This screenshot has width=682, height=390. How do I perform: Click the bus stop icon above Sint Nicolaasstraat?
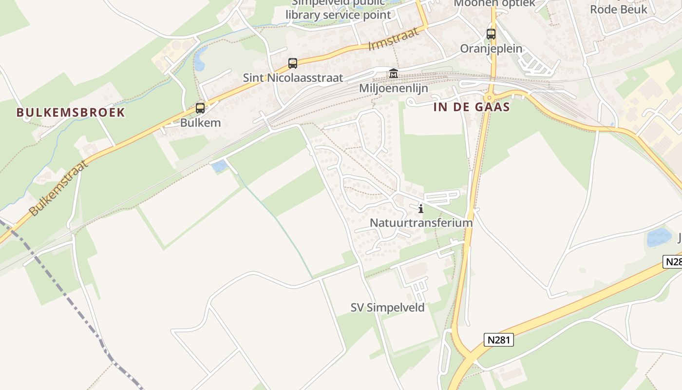(293, 63)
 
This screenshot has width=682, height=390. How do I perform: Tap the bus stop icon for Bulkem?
(200, 108)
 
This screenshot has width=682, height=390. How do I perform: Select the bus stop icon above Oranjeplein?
(491, 35)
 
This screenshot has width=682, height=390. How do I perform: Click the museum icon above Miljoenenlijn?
(393, 74)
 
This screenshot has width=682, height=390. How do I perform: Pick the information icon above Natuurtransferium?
(421, 209)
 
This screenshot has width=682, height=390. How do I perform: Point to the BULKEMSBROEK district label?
(71, 113)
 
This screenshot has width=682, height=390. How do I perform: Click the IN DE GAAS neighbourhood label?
(472, 107)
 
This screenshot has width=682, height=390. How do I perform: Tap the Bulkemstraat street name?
(59, 188)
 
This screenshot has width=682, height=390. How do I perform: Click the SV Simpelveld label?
(388, 308)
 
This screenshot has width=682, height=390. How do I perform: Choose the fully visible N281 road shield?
(499, 340)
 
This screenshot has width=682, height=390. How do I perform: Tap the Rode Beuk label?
(619, 9)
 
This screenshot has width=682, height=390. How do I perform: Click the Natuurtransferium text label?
(421, 223)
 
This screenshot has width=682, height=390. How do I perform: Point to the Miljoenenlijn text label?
(393, 88)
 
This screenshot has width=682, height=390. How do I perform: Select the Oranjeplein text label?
(491, 49)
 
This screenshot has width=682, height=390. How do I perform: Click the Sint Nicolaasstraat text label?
(293, 78)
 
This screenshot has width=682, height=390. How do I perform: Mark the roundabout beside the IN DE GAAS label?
(490, 97)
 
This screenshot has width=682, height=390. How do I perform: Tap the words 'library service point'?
(338, 15)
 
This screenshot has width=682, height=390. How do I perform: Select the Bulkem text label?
(200, 122)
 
